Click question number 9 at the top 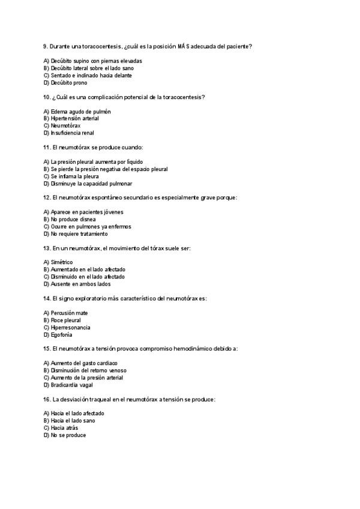(x=46, y=46)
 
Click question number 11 (x=47, y=148)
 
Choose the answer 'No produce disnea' (x=73, y=220)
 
